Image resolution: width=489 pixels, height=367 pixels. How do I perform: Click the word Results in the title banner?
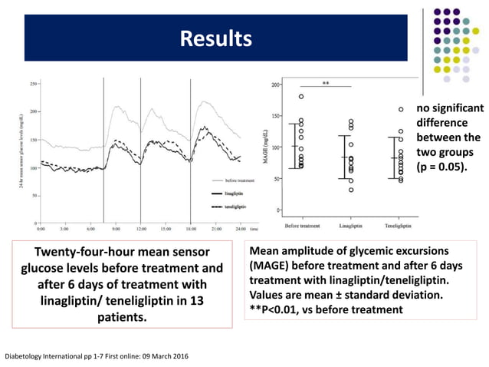215,38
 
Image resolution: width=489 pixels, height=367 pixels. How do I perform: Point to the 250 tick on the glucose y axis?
35,84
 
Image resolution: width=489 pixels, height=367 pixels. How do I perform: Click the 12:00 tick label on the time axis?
141,229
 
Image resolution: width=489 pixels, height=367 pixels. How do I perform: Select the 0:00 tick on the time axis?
41,229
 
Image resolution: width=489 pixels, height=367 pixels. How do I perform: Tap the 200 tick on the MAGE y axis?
274,84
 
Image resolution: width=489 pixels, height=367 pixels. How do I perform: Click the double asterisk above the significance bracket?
326,83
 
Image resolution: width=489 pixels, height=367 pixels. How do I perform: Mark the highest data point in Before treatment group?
301,97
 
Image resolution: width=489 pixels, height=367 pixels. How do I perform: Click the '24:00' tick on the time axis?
240,229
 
